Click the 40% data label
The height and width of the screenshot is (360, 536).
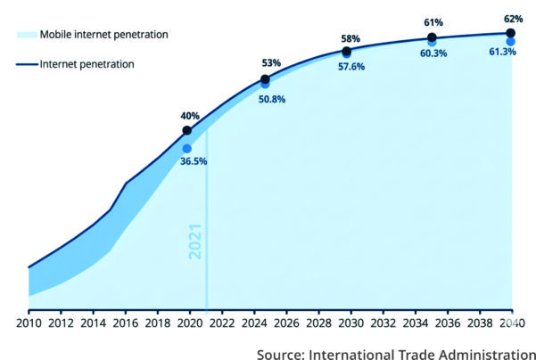pyautogui.click(x=190, y=116)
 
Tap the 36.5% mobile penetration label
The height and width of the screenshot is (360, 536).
pyautogui.click(x=193, y=162)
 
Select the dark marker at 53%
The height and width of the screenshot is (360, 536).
pyautogui.click(x=265, y=79)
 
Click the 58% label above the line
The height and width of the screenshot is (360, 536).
pyautogui.click(x=350, y=39)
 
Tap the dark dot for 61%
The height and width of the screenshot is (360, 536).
pyautogui.click(x=432, y=37)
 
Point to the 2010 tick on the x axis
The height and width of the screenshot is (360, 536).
pyautogui.click(x=29, y=322)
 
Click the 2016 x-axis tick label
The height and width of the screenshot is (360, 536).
pyautogui.click(x=125, y=322)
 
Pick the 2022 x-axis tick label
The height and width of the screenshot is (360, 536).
pyautogui.click(x=222, y=322)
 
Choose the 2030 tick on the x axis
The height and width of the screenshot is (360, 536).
pyautogui.click(x=350, y=322)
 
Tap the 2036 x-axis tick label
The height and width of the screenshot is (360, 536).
pyautogui.click(x=448, y=322)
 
